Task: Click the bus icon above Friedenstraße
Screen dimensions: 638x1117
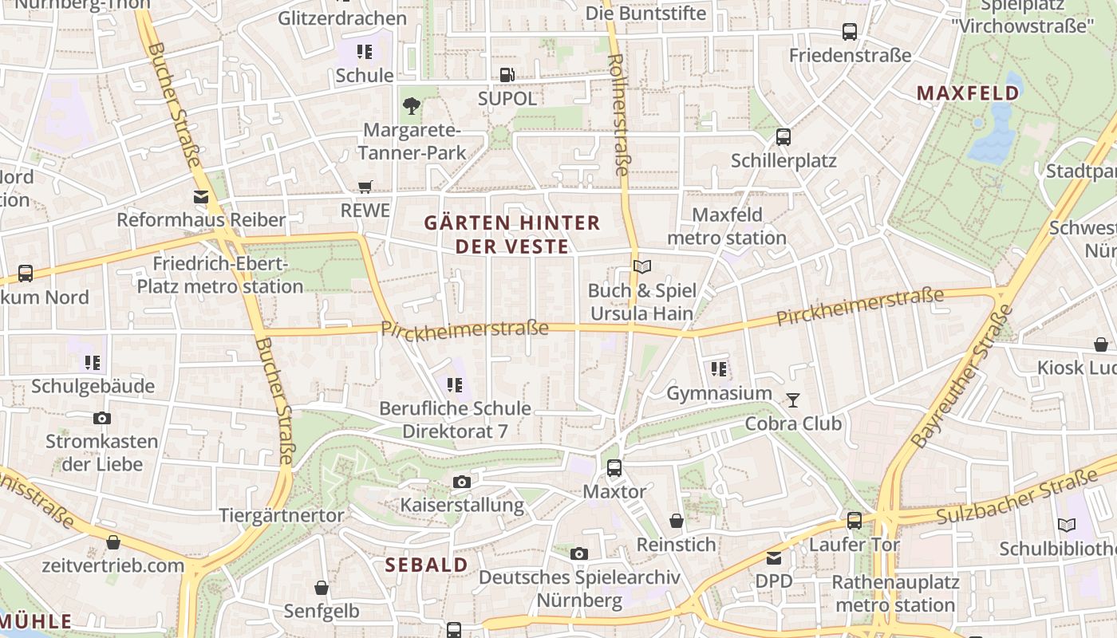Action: coord(850,32)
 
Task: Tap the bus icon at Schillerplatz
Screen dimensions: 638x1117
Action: coord(783,137)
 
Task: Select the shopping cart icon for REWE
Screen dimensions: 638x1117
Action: coord(365,187)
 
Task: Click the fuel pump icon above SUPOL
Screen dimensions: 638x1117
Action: coord(507,75)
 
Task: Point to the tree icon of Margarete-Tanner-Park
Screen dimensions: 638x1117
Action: coord(412,105)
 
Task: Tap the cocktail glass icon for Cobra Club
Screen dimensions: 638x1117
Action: coord(793,400)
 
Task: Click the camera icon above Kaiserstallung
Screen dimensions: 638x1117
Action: coord(461,482)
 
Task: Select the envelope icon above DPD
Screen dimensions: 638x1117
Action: coord(774,557)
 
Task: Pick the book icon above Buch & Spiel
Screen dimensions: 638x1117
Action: coord(642,266)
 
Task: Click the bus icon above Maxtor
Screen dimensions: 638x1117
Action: coord(614,468)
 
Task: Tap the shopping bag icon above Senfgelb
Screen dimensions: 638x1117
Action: coord(321,588)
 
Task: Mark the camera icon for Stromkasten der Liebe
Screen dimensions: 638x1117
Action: coord(101,418)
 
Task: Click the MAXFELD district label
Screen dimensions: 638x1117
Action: coord(968,93)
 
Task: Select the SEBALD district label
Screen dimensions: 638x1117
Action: coord(427,565)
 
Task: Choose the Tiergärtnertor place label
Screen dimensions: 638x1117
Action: coord(282,515)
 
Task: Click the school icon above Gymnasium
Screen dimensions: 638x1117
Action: coord(719,369)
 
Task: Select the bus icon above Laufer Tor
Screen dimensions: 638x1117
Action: coord(855,521)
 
